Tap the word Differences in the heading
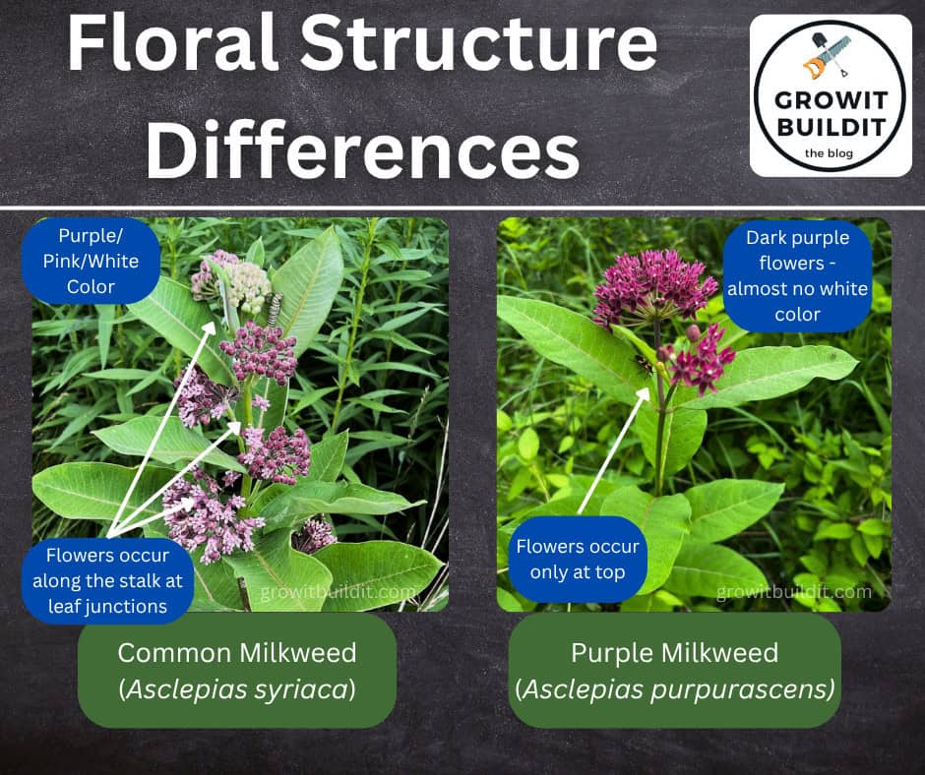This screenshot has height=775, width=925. click(x=363, y=149)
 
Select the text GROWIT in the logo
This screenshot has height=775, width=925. click(x=831, y=100)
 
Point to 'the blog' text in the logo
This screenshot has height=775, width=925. click(x=829, y=153)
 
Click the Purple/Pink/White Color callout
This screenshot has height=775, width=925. click(x=91, y=261)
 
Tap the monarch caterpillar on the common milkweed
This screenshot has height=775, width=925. click(x=275, y=308)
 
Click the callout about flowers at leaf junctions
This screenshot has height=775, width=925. click(x=107, y=581)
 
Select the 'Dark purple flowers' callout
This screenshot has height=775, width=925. click(x=797, y=276)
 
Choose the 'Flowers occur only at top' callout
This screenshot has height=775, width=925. click(x=578, y=560)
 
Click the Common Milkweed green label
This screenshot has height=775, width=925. click(x=237, y=671)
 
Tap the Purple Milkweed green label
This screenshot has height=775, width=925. click(x=675, y=671)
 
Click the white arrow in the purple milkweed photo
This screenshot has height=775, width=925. click(x=613, y=451)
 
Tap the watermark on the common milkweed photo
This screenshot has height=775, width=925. click(x=339, y=591)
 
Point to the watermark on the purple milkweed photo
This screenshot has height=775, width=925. click(x=793, y=591)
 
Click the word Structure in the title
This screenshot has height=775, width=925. click(x=479, y=43)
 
